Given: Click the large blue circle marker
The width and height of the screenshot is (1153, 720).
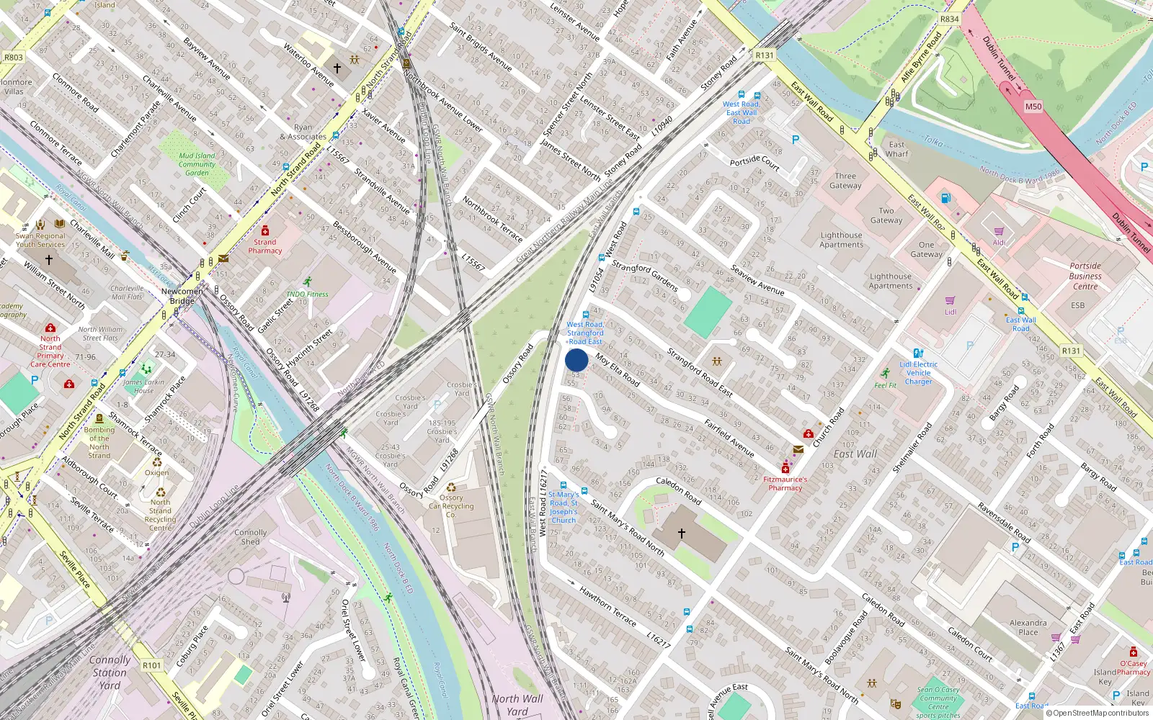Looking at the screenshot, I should click(x=576, y=360).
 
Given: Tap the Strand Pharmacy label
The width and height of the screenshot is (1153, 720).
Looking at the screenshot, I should click(x=264, y=246).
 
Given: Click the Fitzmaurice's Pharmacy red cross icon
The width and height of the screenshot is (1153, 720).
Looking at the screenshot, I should click(x=785, y=469).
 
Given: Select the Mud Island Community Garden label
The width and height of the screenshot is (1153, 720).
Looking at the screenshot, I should click(x=197, y=164).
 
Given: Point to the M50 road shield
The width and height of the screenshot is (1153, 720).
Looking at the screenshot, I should click(x=1033, y=107).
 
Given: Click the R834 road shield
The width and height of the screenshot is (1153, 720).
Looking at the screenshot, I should click(x=949, y=19).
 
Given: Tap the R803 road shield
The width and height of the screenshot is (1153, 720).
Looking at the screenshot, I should click(x=14, y=58).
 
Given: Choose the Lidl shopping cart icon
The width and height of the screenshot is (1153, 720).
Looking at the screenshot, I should click(x=950, y=300).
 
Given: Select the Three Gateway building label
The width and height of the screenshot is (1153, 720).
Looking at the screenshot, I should click(x=845, y=181).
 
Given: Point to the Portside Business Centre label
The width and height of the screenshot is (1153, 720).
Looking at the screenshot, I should click(x=1085, y=276).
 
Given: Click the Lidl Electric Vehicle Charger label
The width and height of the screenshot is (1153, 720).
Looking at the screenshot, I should click(x=918, y=373).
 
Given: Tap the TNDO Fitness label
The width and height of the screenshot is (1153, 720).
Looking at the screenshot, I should click(x=307, y=294).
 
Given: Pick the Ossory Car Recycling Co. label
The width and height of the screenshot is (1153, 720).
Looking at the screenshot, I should click(x=451, y=506).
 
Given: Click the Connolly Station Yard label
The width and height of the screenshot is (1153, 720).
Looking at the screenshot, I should click(x=110, y=672).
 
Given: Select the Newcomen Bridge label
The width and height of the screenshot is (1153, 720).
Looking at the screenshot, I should click(x=182, y=296).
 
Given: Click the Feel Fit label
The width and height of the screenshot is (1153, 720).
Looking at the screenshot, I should click(x=885, y=385).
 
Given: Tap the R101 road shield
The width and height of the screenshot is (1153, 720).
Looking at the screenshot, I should click(x=151, y=665).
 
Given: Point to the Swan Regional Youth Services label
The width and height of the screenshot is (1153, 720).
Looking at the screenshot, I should click(x=40, y=240).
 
